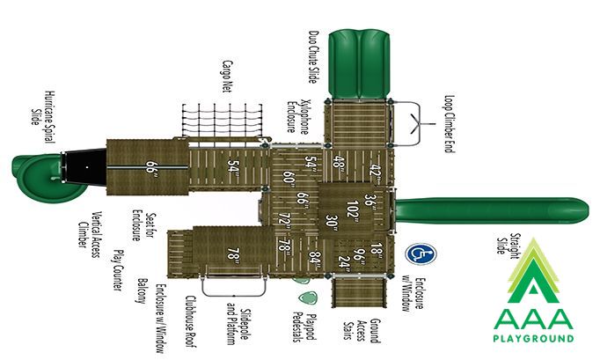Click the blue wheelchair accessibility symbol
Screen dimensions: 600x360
point(421,253)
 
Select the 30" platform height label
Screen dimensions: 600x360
point(332,224)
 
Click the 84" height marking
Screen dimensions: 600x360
point(314,258)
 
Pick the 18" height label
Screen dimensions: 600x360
point(377,250)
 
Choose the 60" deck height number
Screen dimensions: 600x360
point(289,179)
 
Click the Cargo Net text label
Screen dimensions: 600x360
point(227,76)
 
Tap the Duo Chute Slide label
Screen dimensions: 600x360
point(314,57)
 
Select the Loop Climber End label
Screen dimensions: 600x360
point(450,124)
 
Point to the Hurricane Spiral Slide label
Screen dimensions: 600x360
point(43,117)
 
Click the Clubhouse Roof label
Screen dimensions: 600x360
point(191,321)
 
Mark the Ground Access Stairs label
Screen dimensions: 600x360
point(362,330)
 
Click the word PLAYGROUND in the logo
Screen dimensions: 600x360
point(533,339)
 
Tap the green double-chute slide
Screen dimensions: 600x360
point(359,64)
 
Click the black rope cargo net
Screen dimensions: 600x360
point(222,120)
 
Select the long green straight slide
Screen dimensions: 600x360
point(492,210)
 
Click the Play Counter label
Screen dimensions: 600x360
point(119,270)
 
